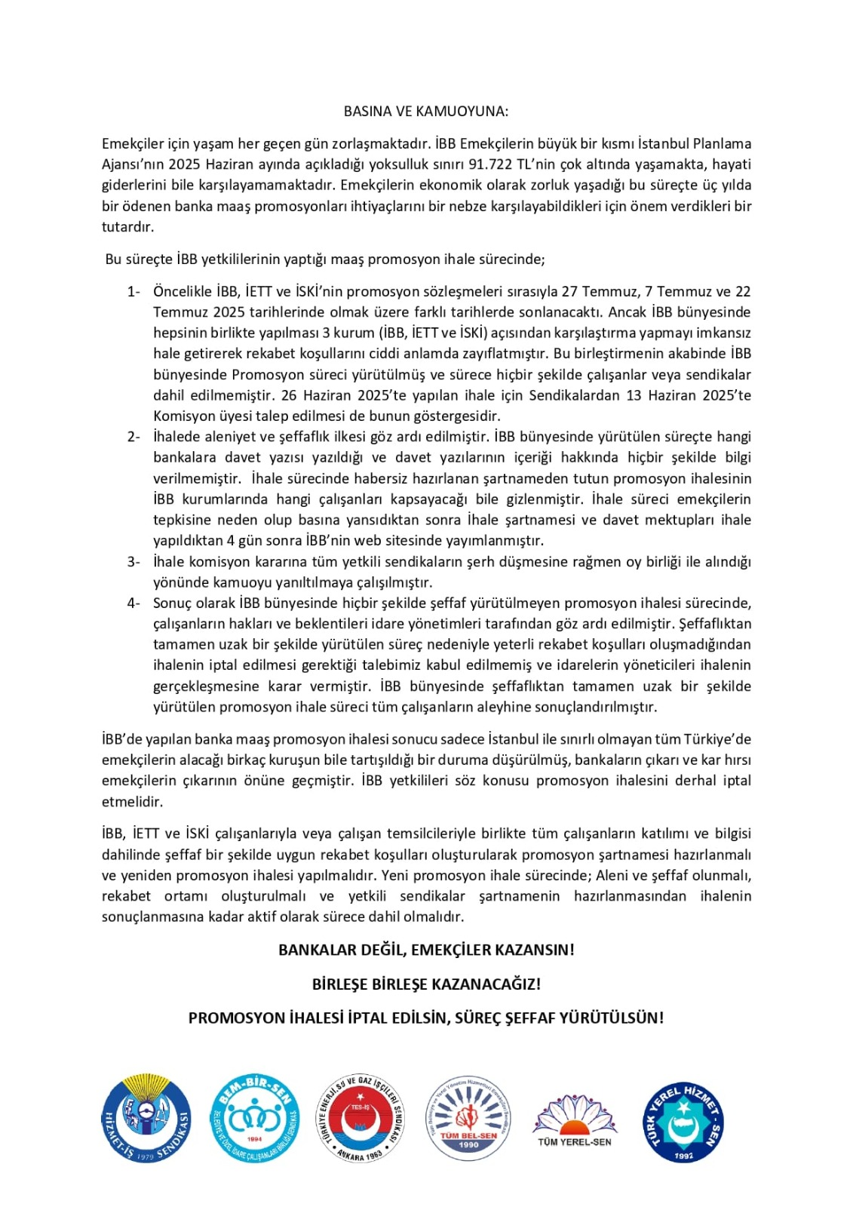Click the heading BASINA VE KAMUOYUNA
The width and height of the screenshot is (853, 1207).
pos(426,112)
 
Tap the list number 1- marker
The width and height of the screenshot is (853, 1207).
pos(133,292)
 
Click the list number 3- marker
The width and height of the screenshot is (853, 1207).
pos(133,562)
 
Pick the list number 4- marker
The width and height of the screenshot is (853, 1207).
pos(133,603)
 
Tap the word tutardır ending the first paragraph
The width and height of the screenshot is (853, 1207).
pos(127,227)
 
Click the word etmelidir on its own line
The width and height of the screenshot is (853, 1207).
pos(132,802)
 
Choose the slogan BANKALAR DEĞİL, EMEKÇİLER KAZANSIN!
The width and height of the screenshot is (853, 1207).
pos(426,951)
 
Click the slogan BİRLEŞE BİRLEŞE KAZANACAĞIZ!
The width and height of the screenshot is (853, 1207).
pos(426,984)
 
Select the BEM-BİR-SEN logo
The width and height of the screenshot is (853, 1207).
pos(254,1119)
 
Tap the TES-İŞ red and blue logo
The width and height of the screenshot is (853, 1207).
pos(361,1119)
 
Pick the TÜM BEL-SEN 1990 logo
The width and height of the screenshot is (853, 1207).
pos(468,1119)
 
